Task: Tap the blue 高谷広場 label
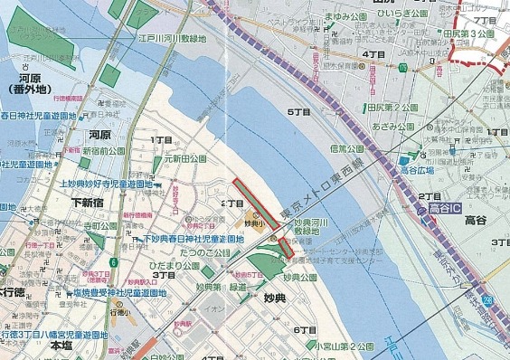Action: pos(421,168)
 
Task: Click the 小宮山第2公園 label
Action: pos(344,345)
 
